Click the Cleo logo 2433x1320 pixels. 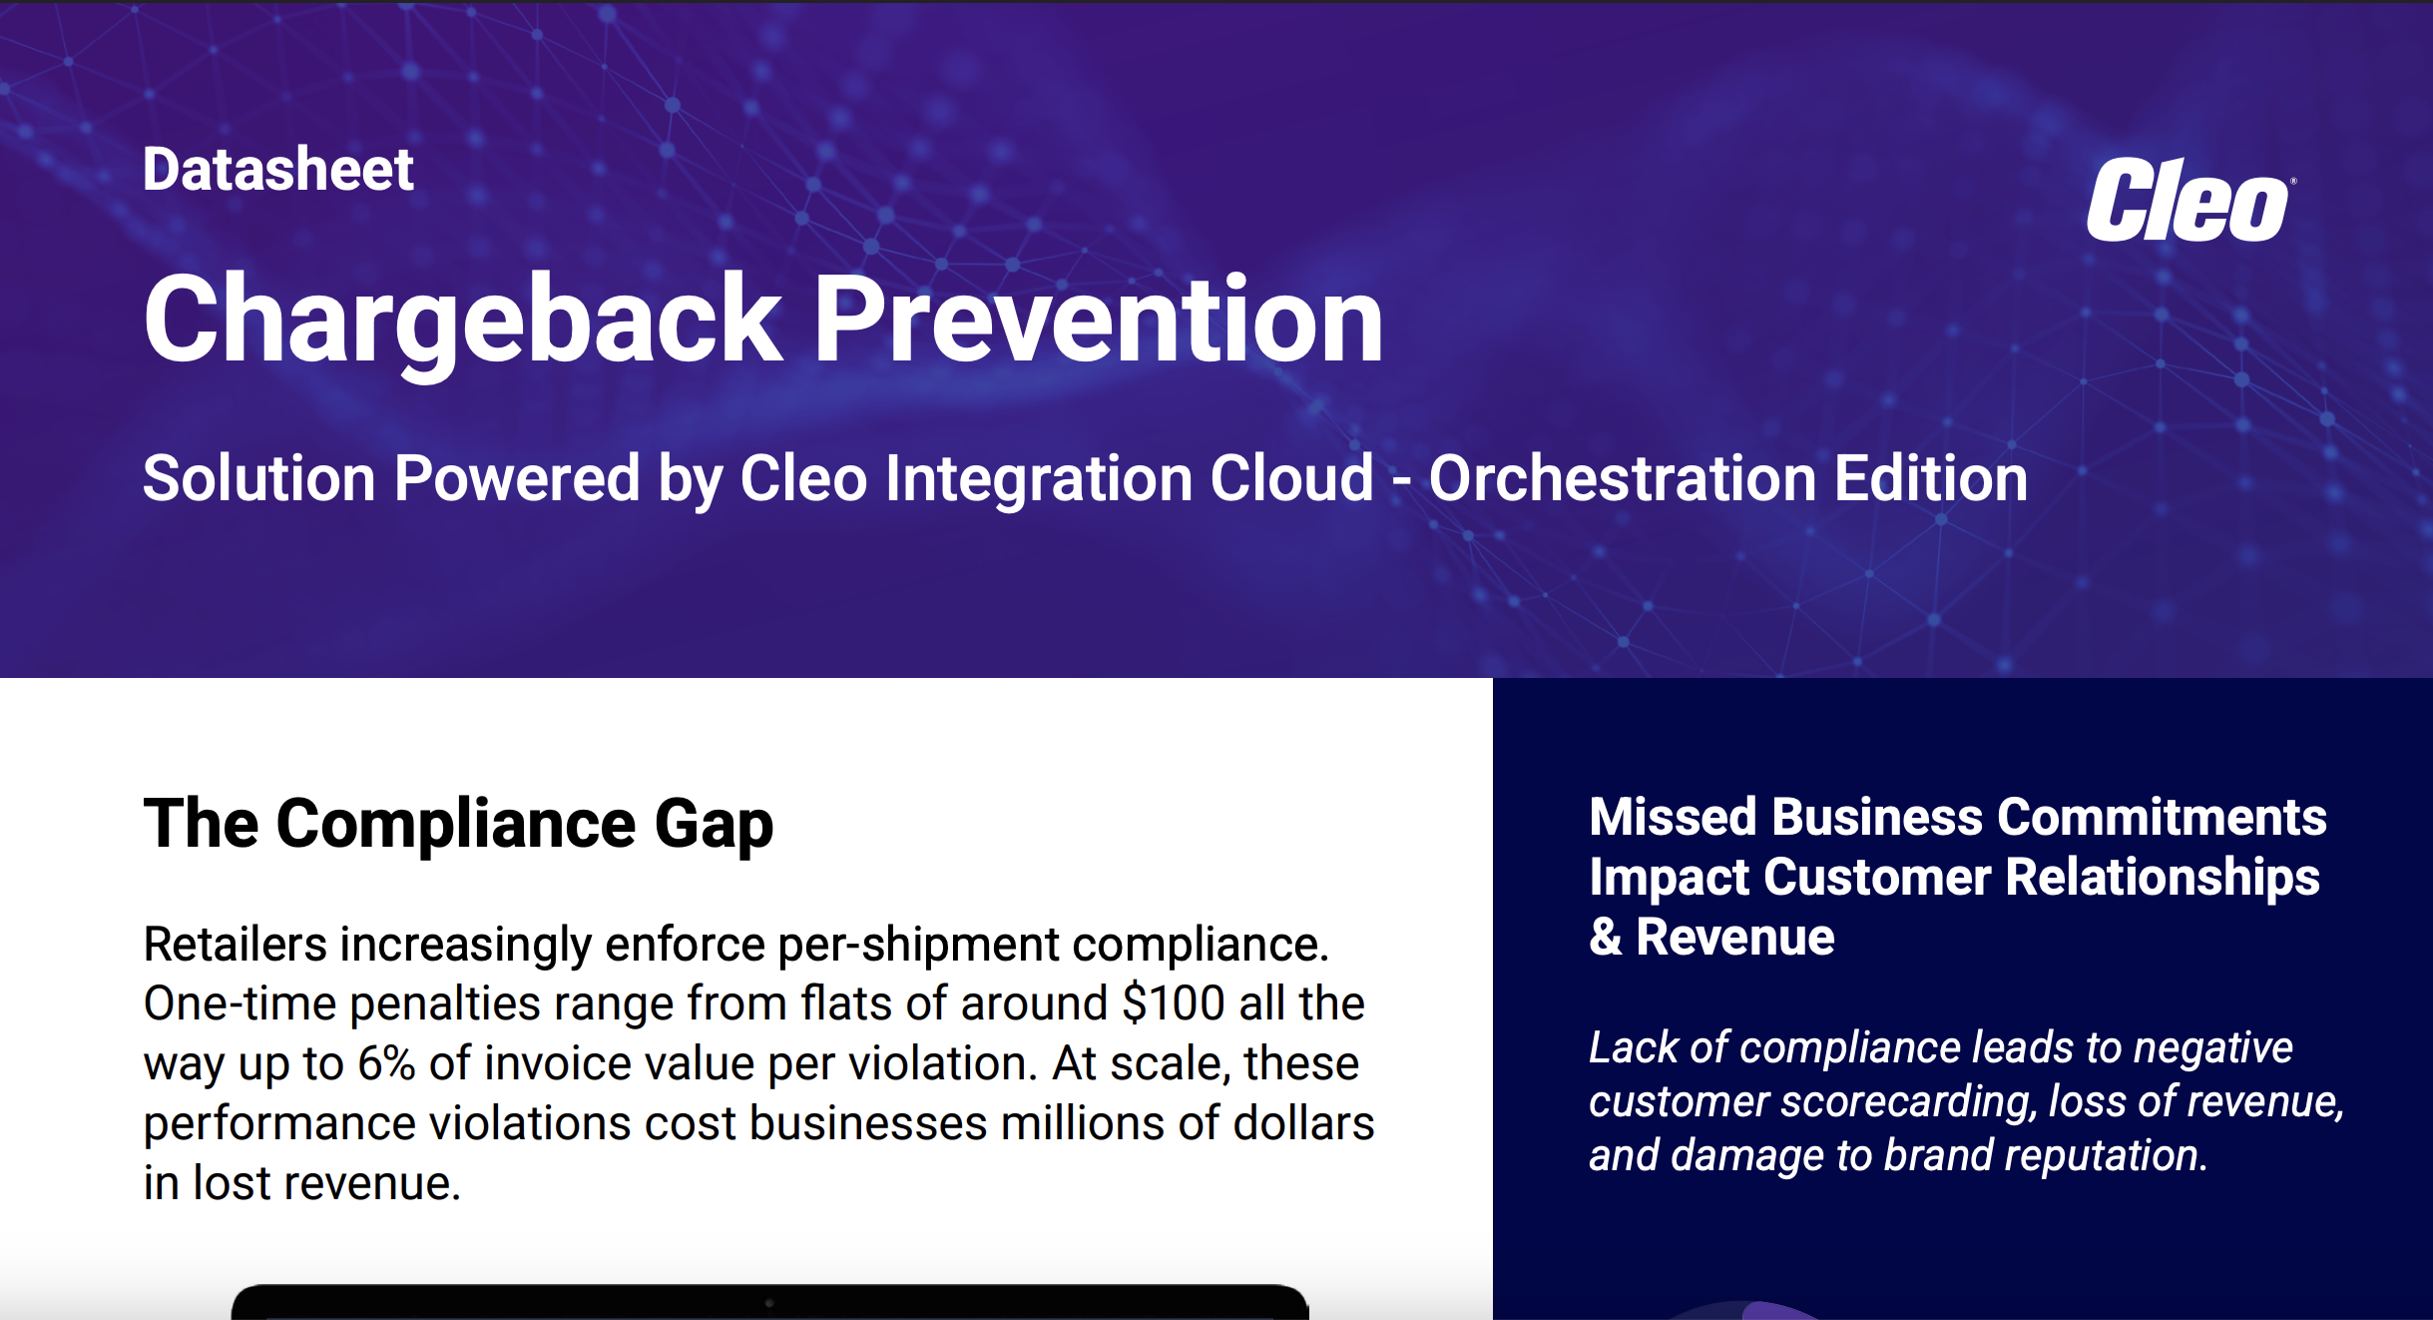tap(2188, 201)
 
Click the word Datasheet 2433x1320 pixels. tap(277, 169)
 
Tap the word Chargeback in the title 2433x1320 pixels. tap(462, 320)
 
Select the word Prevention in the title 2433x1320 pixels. tap(1099, 320)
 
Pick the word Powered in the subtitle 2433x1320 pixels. tap(516, 478)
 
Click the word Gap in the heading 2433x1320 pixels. tap(714, 825)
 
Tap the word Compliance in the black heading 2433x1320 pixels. tap(455, 825)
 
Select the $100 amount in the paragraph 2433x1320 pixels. tap(1173, 1003)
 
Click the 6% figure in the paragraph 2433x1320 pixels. tap(386, 1063)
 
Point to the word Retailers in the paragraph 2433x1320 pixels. tap(235, 945)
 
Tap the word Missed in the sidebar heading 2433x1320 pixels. tap(1674, 817)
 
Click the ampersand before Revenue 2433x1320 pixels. tap(1606, 938)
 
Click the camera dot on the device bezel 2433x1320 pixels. tap(768, 1302)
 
